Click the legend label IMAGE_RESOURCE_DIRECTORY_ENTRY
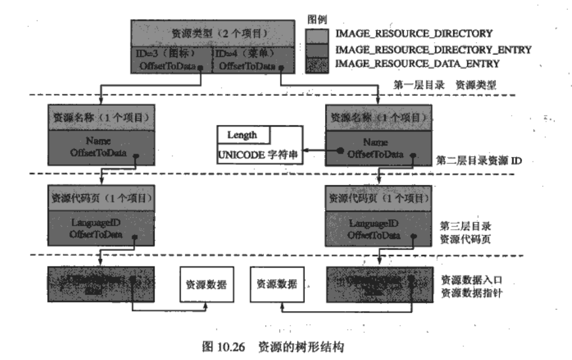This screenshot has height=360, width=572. point(433,49)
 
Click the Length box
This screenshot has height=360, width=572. point(243,135)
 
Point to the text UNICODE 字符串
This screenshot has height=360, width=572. point(259,154)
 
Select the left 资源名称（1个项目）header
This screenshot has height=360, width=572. point(101,118)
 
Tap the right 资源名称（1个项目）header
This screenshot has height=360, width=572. point(378,118)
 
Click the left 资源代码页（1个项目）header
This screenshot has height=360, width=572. point(101,198)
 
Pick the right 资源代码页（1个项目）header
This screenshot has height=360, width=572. point(377,198)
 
